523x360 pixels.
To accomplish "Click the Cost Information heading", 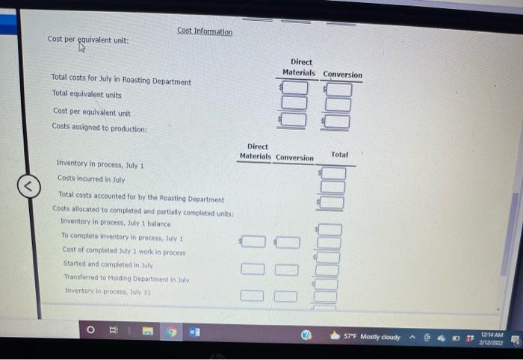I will [205, 31].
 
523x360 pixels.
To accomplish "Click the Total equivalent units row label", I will [87, 96].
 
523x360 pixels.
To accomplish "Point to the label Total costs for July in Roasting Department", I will [121, 81].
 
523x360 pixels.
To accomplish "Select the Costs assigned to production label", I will [99, 127].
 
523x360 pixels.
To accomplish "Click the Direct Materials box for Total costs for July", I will [295, 89].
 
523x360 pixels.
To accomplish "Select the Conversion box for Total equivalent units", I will [338, 105].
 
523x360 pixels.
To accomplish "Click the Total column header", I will [339, 154].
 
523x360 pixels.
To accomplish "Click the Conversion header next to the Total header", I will [294, 158].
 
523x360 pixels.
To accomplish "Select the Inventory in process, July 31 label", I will [109, 291].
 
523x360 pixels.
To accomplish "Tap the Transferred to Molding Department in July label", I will [126, 278].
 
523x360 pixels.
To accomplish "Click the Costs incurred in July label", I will [90, 179].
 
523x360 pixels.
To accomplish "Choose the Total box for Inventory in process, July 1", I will [333, 173].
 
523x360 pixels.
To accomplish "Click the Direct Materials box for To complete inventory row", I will [253, 241].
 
